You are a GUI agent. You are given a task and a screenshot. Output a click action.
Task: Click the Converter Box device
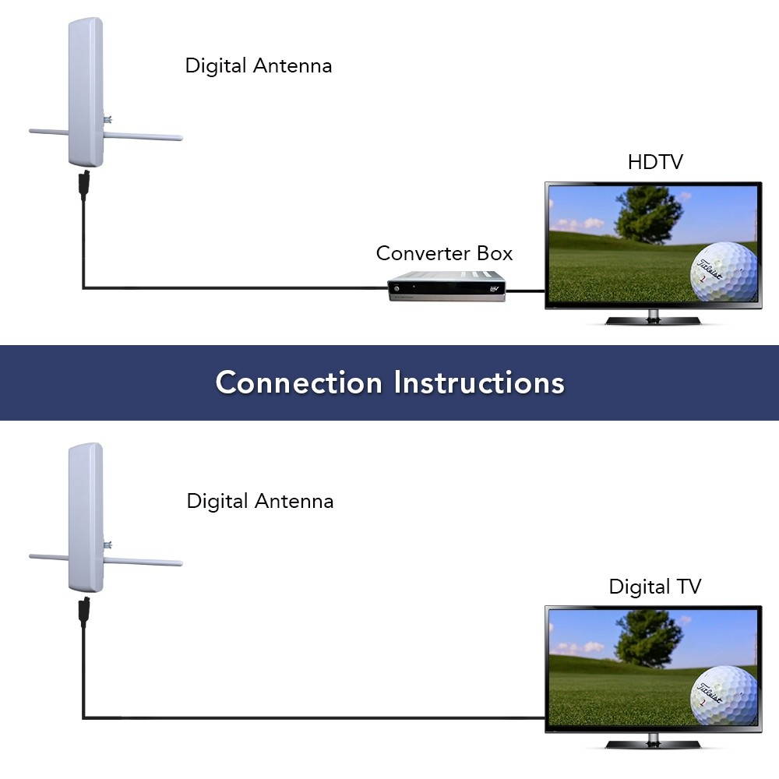click(x=447, y=286)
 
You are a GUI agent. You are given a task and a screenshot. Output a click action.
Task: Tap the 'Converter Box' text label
click(x=444, y=253)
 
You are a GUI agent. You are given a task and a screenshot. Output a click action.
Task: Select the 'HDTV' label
click(x=655, y=162)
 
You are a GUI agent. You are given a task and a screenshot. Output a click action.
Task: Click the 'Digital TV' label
click(x=655, y=587)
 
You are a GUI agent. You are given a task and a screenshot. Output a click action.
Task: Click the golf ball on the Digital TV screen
click(x=724, y=696)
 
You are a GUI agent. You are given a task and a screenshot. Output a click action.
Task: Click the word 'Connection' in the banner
click(x=299, y=382)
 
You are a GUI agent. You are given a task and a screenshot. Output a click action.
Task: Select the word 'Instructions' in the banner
click(x=479, y=382)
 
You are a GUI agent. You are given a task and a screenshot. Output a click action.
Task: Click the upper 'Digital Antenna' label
click(x=259, y=65)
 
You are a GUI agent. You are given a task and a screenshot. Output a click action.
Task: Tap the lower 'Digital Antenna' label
click(x=260, y=500)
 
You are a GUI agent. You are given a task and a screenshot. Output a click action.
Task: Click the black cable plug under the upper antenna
click(x=84, y=185)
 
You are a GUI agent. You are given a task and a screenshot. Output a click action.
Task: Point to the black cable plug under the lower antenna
click(x=84, y=611)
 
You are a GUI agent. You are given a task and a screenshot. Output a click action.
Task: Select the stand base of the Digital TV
click(x=653, y=744)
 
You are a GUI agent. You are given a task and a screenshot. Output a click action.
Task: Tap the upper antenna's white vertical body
click(x=86, y=90)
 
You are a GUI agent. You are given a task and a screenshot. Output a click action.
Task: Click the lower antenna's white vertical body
click(x=86, y=516)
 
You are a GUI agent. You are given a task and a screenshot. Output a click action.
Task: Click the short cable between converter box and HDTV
click(x=526, y=292)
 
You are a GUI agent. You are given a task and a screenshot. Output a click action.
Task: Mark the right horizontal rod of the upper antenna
click(x=143, y=137)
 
